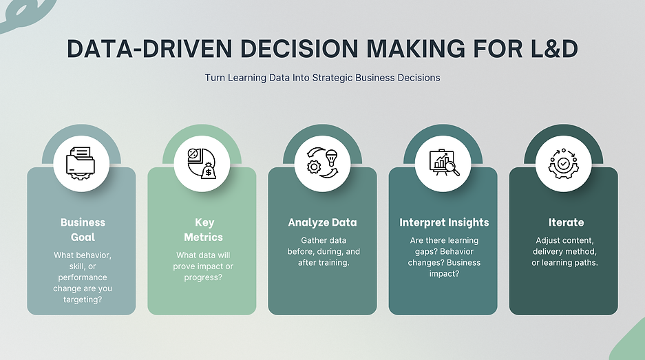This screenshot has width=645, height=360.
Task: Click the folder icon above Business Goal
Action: click(x=81, y=164)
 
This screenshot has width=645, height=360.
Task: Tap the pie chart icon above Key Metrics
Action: click(x=202, y=164)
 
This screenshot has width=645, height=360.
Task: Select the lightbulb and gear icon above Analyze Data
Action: click(x=322, y=164)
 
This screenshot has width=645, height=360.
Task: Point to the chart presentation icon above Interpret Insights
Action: click(x=443, y=164)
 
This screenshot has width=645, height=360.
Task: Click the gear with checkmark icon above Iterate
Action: click(x=563, y=164)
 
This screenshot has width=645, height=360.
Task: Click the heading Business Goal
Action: click(x=83, y=230)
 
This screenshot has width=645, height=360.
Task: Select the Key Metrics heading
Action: click(x=203, y=230)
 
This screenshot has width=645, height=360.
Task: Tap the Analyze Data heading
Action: click(x=322, y=222)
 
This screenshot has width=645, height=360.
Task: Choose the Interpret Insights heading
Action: click(x=444, y=222)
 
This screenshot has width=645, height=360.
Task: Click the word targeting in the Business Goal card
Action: click(x=83, y=299)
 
